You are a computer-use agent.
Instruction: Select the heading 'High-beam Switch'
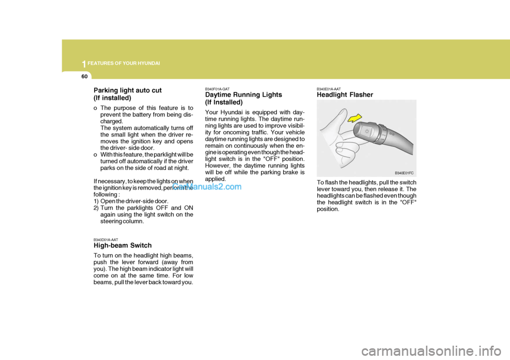(x=123, y=246)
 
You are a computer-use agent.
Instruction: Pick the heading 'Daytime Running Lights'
(x=243, y=95)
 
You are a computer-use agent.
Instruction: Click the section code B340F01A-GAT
(x=217, y=89)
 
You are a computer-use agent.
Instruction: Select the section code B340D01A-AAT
(x=106, y=239)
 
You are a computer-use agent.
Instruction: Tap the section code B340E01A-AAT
(x=329, y=89)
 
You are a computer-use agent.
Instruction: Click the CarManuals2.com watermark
(x=206, y=187)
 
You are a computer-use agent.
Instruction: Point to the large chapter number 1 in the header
(x=83, y=64)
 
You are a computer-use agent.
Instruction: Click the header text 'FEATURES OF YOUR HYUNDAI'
(x=124, y=64)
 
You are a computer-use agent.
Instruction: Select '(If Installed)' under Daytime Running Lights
(x=224, y=102)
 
